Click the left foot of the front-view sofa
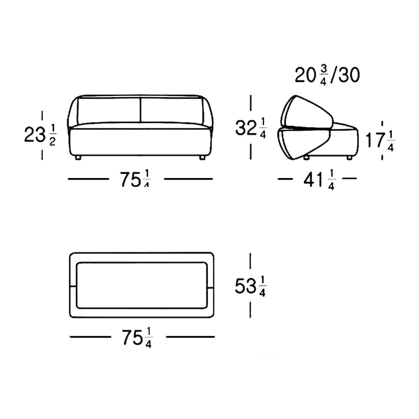pos(78,158)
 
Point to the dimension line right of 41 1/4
pos(349,178)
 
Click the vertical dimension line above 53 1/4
pos(250,262)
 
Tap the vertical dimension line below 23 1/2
pos(42,154)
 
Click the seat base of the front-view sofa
pos(140,140)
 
